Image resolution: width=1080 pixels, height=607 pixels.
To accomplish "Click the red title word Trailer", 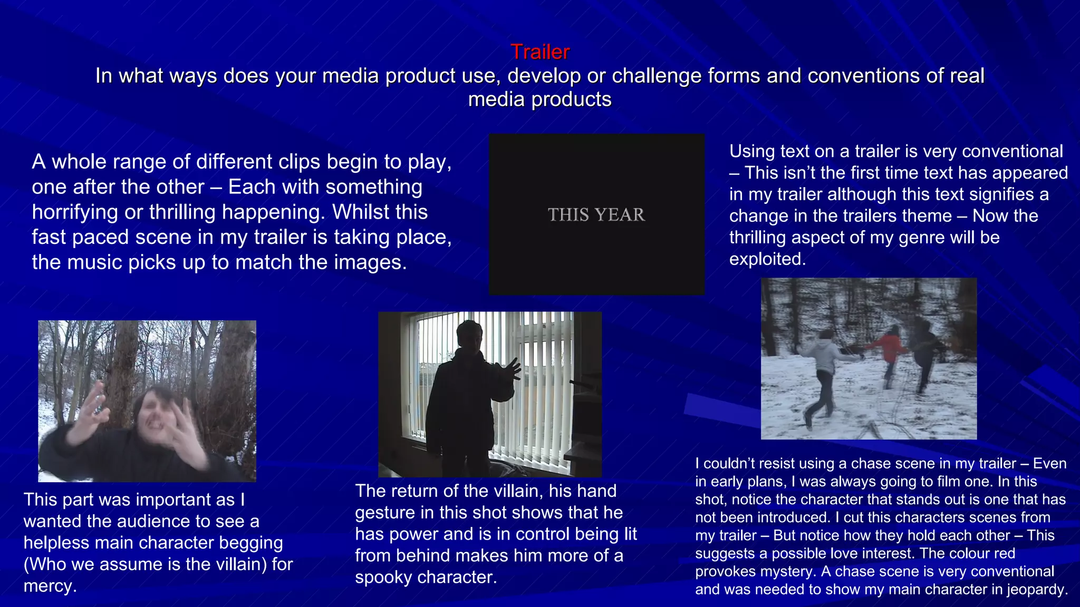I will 540,52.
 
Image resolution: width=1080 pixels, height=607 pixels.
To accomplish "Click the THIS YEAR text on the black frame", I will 596,215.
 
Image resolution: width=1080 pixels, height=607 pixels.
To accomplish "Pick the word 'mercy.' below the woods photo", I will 50,586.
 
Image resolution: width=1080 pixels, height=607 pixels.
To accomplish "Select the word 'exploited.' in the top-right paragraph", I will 767,259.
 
